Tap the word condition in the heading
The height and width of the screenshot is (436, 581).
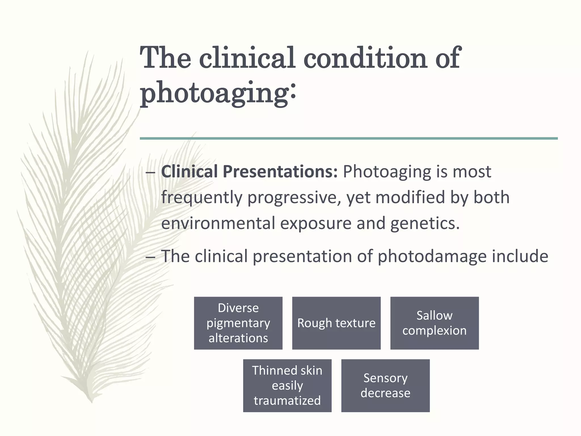365,58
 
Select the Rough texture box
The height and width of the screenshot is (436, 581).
336,323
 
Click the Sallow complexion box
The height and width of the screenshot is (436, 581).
434,323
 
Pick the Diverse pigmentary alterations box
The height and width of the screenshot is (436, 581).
238,323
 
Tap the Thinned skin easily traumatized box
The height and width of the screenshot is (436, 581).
287,385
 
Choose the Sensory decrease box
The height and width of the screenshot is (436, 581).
385,385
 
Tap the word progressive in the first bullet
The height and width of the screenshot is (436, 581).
294,198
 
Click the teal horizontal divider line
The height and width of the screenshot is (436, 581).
349,139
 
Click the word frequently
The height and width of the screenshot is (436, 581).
202,198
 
